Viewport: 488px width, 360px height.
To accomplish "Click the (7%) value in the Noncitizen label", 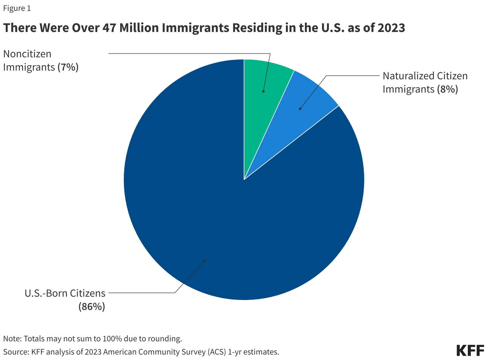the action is tap(68, 67).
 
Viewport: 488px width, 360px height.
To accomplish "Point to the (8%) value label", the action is tap(447, 89).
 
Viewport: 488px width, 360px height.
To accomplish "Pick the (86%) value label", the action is tap(92, 307).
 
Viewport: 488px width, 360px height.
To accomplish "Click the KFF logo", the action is tap(470, 350).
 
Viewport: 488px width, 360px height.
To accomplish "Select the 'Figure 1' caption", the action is tap(17, 8).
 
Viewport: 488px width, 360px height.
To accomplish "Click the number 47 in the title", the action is tap(109, 28).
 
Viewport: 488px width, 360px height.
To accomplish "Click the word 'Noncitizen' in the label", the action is tap(27, 54).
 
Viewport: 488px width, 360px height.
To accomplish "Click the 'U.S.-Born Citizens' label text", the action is tap(65, 293).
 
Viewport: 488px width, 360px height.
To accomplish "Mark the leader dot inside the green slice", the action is tap(263, 91).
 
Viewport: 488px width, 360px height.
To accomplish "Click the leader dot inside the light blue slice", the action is tap(300, 109).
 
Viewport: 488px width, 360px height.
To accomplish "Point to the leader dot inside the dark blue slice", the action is tap(204, 261).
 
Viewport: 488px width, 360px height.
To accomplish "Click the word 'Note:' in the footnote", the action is tap(12, 339).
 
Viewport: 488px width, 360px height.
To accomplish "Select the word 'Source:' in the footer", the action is tap(16, 352).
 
